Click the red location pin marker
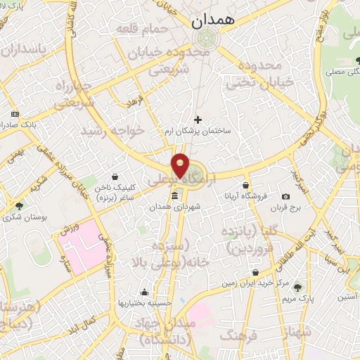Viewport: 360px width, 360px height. (x=181, y=165)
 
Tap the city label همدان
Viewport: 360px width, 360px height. (x=216, y=22)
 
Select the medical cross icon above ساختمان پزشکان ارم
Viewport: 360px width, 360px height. (x=198, y=120)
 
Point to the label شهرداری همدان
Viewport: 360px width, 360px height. (x=174, y=207)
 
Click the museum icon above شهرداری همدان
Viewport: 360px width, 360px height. (x=174, y=195)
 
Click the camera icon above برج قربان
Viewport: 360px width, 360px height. (x=285, y=196)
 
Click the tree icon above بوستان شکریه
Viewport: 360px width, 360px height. (x=18, y=207)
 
